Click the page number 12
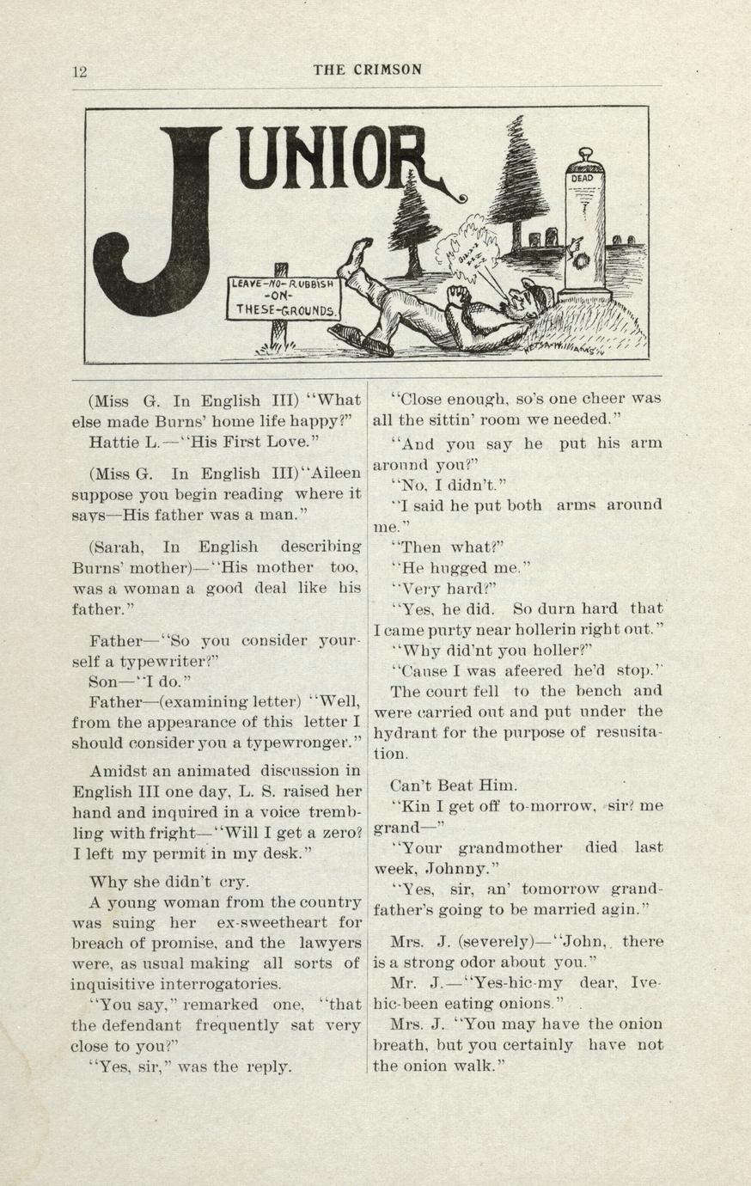point(79,71)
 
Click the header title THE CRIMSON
point(367,70)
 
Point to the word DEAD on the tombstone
point(583,179)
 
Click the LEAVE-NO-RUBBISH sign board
point(284,297)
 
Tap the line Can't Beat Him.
point(454,786)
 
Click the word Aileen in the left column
point(331,474)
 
